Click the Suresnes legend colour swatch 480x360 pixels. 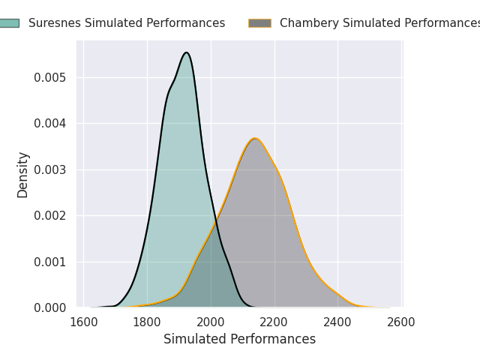click(9, 23)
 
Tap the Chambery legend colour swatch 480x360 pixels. click(259, 23)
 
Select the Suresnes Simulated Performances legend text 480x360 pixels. click(127, 23)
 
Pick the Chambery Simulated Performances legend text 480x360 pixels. click(379, 23)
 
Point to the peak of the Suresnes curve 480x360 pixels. click(186, 52)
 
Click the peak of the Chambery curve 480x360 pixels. click(255, 138)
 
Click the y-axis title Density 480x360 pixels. click(23, 174)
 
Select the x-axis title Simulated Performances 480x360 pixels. click(239, 339)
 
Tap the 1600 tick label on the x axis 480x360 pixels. click(83, 322)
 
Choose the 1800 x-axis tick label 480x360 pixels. click(147, 322)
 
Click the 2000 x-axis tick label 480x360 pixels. click(211, 322)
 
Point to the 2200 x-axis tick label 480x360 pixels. click(274, 322)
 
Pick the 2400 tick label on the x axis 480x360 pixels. click(337, 322)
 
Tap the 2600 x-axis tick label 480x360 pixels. click(401, 322)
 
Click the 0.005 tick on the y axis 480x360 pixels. click(50, 77)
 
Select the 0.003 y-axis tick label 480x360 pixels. click(50, 169)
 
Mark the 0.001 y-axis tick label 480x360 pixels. click(50, 262)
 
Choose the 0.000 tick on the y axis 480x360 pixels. click(50, 307)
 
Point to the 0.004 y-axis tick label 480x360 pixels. click(50, 123)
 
